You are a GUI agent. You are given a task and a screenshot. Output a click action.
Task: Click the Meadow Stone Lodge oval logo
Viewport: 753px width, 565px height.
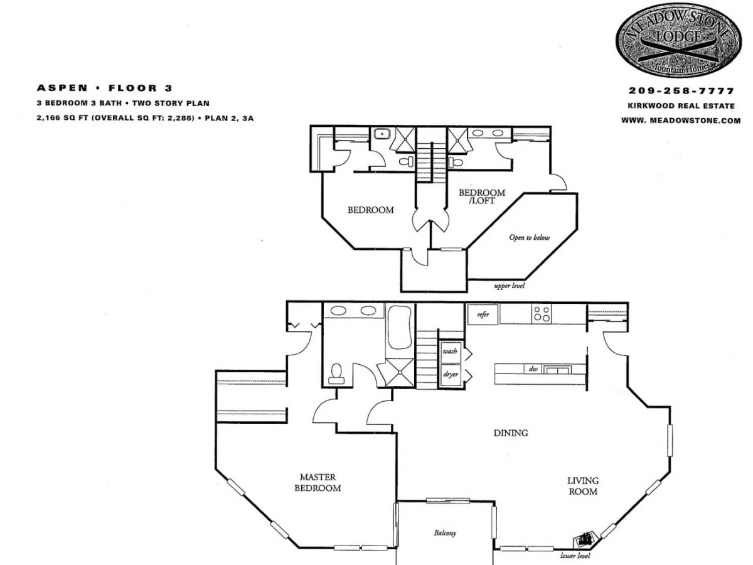point(678,40)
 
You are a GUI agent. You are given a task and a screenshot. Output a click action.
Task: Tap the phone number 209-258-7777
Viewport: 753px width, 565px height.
point(681,90)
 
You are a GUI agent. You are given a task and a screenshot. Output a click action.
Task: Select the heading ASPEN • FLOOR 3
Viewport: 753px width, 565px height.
point(104,88)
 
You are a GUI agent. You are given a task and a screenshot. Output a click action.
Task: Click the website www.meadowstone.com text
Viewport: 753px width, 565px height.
point(681,121)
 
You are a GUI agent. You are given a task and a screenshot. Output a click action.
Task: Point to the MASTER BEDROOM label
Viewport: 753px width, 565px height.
point(318,483)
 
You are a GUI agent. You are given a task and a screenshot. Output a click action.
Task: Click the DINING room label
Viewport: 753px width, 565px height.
point(511,433)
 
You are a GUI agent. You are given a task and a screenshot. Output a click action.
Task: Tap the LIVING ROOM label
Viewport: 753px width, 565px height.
point(583,486)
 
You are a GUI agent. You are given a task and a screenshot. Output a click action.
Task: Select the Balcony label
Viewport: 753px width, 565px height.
point(445,533)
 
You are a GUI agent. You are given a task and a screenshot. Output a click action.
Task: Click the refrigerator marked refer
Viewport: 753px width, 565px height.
point(483,315)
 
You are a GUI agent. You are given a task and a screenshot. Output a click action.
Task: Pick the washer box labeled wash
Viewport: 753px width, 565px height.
point(450,352)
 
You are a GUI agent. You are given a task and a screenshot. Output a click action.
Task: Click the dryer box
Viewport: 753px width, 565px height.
point(450,375)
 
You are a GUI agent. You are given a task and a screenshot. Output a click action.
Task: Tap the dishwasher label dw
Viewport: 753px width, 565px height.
point(533,369)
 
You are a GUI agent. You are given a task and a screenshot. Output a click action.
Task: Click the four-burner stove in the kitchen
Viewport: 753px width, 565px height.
point(542,314)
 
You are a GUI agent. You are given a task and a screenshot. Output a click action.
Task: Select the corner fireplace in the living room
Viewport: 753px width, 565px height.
point(586,540)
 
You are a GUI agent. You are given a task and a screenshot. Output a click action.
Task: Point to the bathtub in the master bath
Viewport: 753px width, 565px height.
point(400,327)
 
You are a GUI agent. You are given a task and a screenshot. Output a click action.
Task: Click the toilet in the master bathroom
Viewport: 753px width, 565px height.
point(336,374)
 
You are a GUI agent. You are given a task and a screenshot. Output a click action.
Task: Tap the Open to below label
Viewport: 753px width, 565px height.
point(530,237)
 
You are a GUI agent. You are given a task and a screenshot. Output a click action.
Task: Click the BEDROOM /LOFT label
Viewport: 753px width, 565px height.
point(482,196)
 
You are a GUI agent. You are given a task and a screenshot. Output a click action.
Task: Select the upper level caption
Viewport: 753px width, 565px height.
point(510,286)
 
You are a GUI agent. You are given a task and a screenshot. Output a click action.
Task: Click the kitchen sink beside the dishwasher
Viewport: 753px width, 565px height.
point(557,370)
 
